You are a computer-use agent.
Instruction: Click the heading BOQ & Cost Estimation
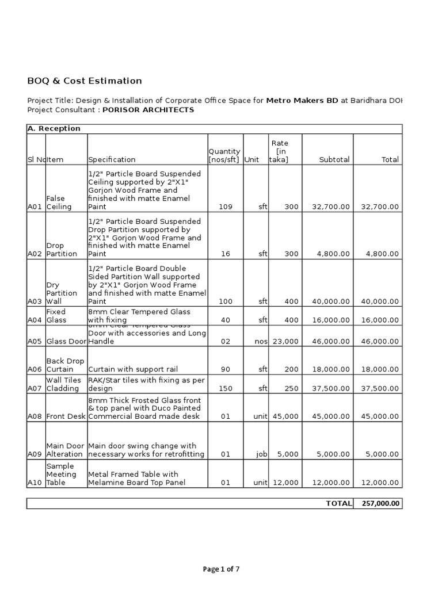[85, 81]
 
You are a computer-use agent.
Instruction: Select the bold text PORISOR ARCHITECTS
[148, 110]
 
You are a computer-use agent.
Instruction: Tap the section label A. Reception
[54, 128]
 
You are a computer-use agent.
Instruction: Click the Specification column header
[112, 159]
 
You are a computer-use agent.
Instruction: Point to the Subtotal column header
[334, 159]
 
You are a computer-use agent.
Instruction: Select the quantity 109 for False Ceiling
[226, 206]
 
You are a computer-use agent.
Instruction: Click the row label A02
[35, 253]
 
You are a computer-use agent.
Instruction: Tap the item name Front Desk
[66, 416]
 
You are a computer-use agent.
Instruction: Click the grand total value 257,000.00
[380, 503]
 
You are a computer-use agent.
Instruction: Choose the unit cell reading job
[262, 454]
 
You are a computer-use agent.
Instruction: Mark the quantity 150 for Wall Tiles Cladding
[226, 388]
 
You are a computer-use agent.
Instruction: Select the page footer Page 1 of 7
[221, 569]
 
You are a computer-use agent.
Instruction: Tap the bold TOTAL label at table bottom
[338, 503]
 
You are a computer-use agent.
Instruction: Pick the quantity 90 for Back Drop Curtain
[226, 369]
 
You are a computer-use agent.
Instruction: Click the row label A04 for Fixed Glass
[35, 320]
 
